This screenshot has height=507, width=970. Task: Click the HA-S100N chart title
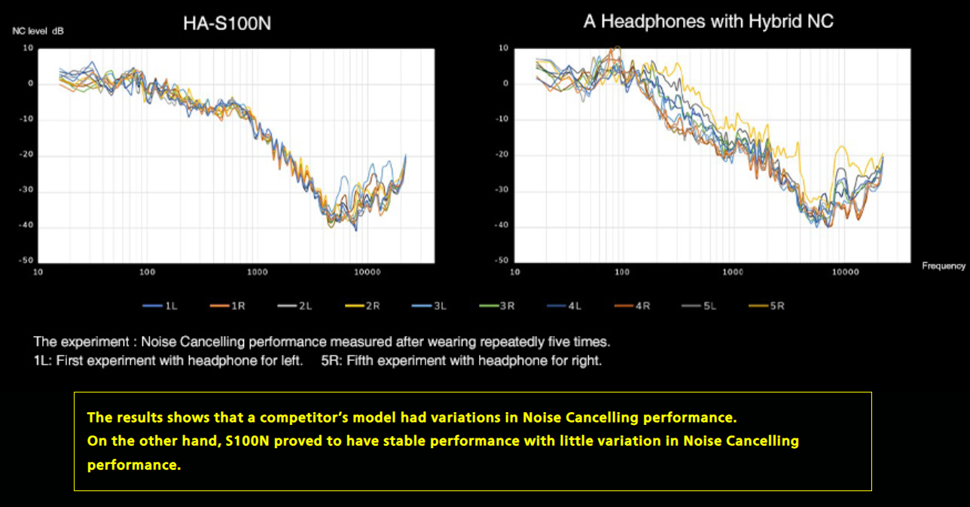[x=227, y=23]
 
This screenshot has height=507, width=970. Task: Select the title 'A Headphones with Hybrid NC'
[x=708, y=21]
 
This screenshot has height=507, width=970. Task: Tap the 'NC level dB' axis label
[x=38, y=31]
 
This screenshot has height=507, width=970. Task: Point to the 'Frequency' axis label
[x=944, y=265]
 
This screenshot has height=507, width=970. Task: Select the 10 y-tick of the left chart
[x=29, y=47]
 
